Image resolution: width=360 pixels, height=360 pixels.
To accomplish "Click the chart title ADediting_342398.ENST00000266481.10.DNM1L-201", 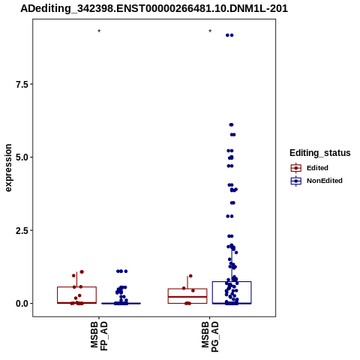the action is (154, 8).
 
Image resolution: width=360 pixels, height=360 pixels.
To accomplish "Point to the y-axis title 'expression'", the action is (8, 168).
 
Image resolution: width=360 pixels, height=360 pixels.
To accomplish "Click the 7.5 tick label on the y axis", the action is (21, 84).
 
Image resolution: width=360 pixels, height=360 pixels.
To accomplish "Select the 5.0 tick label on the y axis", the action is (21, 157).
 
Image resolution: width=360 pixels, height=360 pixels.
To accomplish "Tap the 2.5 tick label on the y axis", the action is (21, 230).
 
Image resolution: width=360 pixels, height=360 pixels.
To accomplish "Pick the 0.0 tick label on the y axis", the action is (21, 303).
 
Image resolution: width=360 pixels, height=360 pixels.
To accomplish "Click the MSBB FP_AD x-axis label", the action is (99, 336).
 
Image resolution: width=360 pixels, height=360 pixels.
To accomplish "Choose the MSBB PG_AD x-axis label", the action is (210, 337).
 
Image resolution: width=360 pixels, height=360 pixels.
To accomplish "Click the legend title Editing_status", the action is (320, 153).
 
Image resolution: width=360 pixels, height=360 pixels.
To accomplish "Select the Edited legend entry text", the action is (317, 168).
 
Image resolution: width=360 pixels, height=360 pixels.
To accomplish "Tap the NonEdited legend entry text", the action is (325, 181).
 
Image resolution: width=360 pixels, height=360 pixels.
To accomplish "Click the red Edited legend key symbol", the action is (296, 168).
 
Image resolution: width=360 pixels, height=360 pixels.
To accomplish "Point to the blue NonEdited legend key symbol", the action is (296, 181).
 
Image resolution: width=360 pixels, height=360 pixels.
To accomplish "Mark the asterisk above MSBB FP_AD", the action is (99, 31).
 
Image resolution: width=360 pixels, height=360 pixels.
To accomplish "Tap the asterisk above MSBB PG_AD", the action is (210, 31).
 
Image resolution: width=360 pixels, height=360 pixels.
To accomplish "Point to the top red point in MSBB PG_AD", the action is (190, 276).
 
